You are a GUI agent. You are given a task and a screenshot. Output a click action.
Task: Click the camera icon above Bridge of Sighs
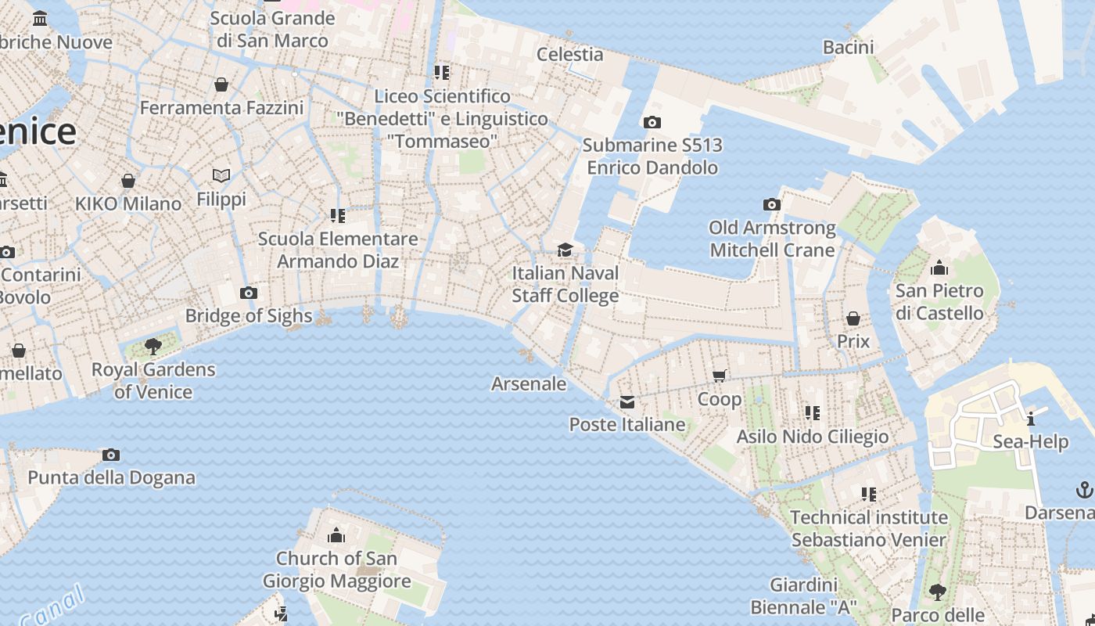click(x=249, y=293)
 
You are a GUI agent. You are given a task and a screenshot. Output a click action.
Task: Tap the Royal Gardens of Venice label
click(x=153, y=380)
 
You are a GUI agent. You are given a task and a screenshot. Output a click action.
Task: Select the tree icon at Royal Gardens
click(x=153, y=346)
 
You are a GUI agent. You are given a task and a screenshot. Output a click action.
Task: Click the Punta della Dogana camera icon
click(x=111, y=455)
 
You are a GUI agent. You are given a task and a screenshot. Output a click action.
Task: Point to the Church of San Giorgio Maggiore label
click(x=336, y=570)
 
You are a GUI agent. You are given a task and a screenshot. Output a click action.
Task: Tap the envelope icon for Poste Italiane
click(x=627, y=402)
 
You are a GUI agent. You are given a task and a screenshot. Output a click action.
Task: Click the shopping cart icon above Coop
click(x=720, y=376)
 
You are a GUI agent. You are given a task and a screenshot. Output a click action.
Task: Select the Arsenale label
click(x=529, y=383)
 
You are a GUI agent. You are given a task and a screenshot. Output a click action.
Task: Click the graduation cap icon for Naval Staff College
click(x=565, y=250)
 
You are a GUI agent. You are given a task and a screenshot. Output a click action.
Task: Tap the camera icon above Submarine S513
click(x=652, y=122)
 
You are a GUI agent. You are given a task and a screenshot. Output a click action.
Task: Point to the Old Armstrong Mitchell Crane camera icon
click(x=772, y=205)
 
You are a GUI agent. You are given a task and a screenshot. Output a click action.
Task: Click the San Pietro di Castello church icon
click(x=939, y=268)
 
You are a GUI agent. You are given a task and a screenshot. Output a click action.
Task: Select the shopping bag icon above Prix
click(x=853, y=318)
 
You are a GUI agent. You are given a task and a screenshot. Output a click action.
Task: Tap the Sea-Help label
click(x=1030, y=441)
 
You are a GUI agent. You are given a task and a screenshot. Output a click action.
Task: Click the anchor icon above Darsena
click(x=1084, y=491)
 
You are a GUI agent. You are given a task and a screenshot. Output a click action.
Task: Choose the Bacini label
click(x=848, y=47)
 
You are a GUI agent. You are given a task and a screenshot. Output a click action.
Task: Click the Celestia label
click(x=570, y=54)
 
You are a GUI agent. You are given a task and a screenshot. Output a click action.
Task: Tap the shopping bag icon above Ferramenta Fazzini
click(x=221, y=85)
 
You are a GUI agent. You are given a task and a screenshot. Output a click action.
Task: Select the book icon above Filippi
click(x=221, y=176)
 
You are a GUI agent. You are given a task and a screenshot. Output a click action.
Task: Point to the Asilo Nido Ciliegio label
click(x=813, y=436)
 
